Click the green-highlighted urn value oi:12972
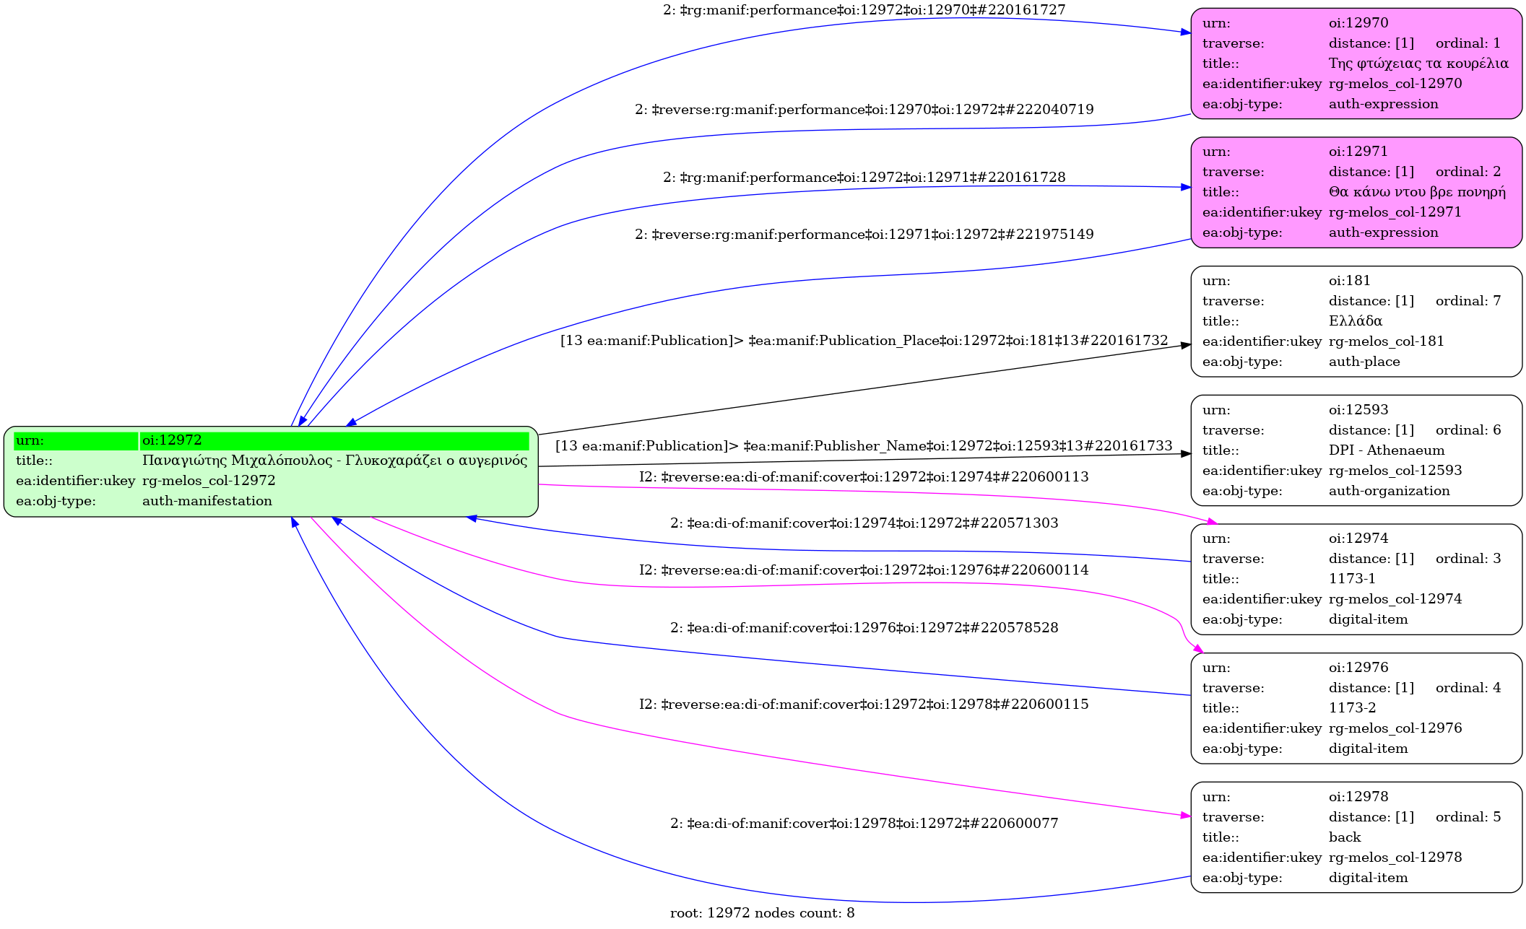tap(172, 440)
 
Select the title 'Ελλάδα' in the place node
tap(1355, 321)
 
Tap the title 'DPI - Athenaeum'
tap(1386, 450)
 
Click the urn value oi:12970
tap(1358, 23)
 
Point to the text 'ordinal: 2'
tap(1468, 172)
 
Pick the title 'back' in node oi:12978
tap(1344, 837)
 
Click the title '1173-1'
tap(1351, 579)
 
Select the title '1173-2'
tap(1352, 708)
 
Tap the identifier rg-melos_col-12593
tap(1395, 471)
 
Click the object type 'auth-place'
tap(1364, 362)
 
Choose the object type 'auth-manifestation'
tap(207, 501)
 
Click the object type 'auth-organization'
tap(1389, 491)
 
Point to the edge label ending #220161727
tap(864, 10)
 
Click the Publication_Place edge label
tap(864, 341)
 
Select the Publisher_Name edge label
tap(864, 446)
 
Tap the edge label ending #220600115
tap(864, 705)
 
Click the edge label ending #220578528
tap(864, 628)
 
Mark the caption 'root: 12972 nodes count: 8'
tap(762, 913)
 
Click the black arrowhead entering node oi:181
tap(1185, 345)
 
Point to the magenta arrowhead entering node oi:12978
tap(1185, 816)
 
